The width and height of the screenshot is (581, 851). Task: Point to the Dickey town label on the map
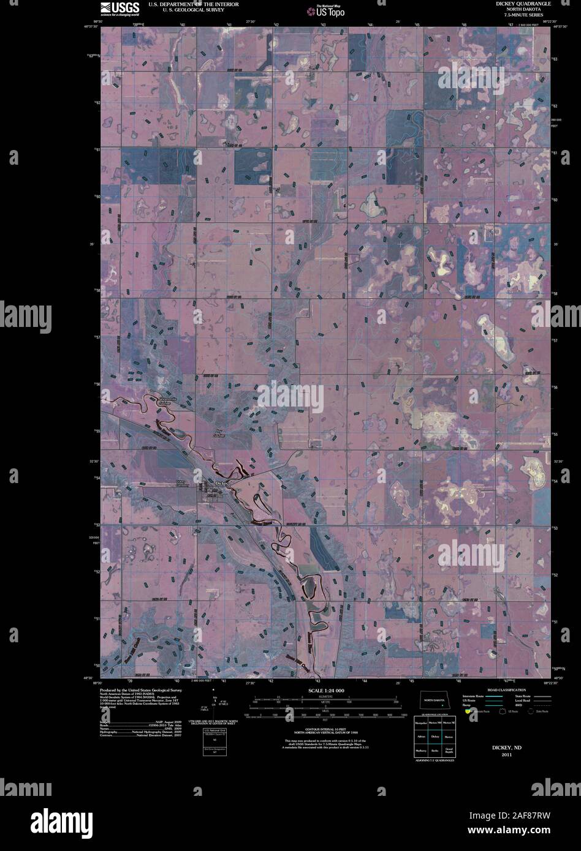(222, 483)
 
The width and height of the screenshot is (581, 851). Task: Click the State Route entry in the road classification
(523, 696)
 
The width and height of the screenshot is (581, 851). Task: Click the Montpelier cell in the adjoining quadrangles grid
(420, 724)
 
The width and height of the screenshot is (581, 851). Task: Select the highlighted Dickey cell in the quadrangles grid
(435, 737)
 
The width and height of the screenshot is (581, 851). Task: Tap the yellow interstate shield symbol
(468, 711)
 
